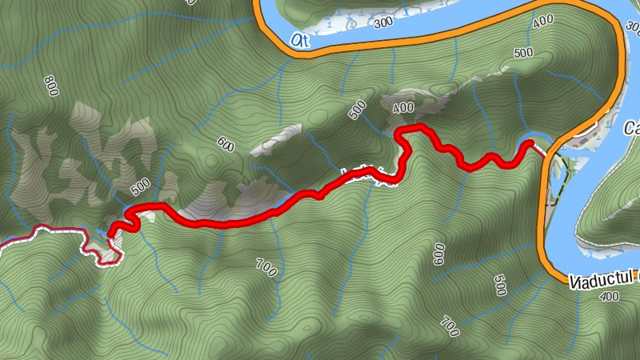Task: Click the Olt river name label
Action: pyautogui.click(x=301, y=38)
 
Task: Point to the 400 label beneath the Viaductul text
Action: pyautogui.click(x=609, y=297)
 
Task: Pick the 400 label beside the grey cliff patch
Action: pyautogui.click(x=403, y=107)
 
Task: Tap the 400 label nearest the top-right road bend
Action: pyautogui.click(x=542, y=22)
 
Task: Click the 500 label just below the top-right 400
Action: pyautogui.click(x=524, y=53)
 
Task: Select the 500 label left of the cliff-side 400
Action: pyautogui.click(x=358, y=110)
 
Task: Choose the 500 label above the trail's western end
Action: pyautogui.click(x=140, y=186)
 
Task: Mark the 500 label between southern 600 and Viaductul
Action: pyautogui.click(x=500, y=286)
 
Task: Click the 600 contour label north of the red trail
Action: pyautogui.click(x=225, y=145)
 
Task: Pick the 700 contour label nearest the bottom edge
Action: pyautogui.click(x=450, y=327)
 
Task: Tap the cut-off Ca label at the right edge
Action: pyautogui.click(x=631, y=128)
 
